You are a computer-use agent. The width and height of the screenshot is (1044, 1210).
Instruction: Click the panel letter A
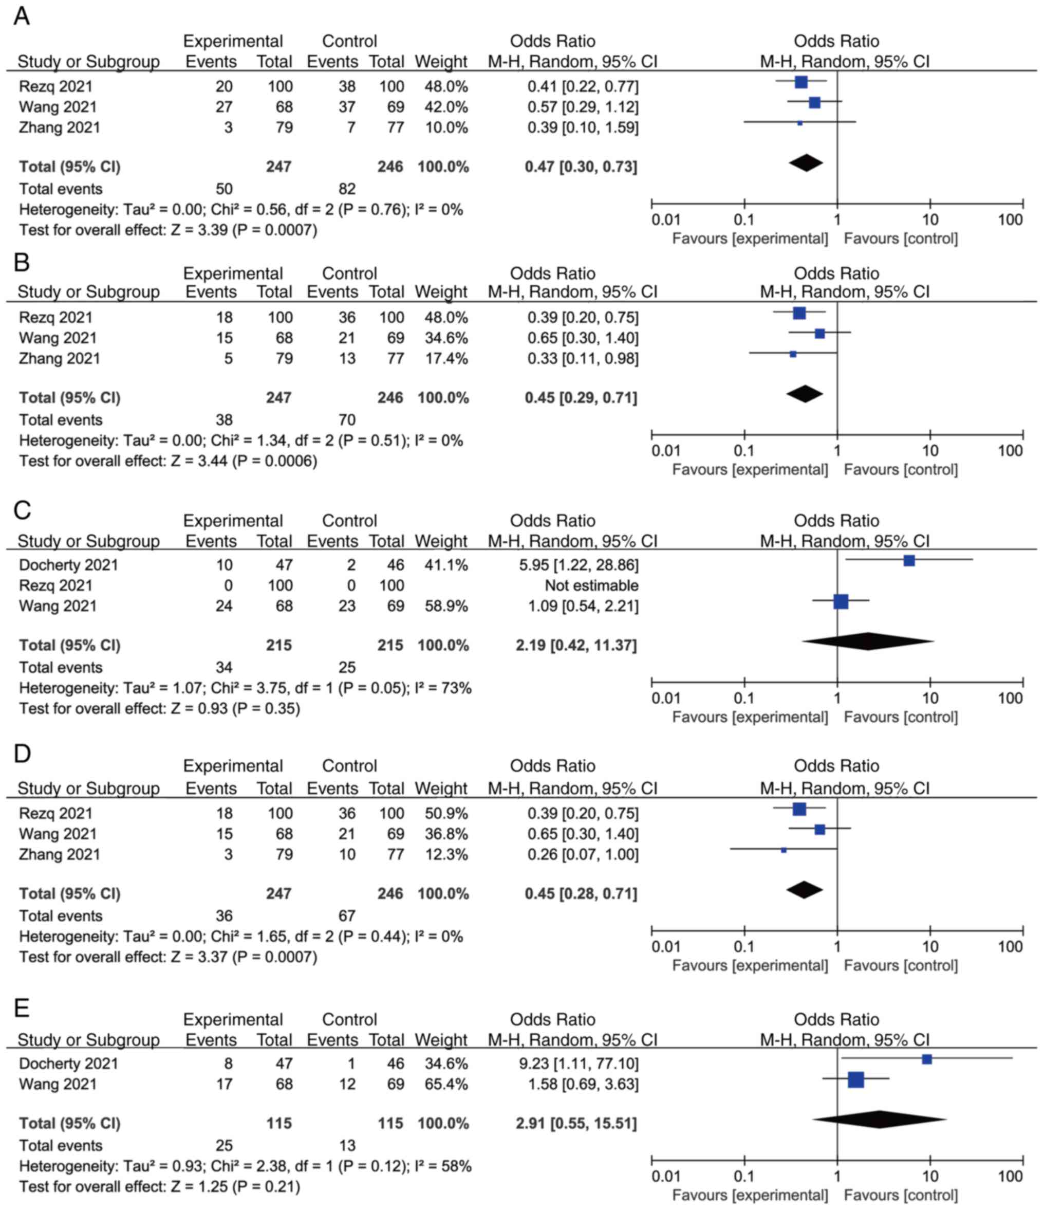coord(22,16)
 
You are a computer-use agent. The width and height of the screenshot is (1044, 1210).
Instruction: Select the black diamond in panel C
coord(868,641)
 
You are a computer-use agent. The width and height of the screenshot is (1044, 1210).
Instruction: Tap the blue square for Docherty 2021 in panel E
coord(927,1059)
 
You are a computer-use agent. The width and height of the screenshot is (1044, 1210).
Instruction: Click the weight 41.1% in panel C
coord(446,565)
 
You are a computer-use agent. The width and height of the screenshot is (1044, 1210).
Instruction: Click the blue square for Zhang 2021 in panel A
coord(800,123)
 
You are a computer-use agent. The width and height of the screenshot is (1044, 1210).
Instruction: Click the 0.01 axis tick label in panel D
coord(666,947)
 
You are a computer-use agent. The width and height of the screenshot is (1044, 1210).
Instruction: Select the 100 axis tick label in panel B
coord(1010,451)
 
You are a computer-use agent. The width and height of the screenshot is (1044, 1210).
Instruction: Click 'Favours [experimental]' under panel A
coord(750,239)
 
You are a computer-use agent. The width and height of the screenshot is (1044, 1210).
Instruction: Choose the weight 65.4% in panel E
coord(446,1084)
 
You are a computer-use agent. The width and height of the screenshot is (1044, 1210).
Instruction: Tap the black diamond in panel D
coord(805,890)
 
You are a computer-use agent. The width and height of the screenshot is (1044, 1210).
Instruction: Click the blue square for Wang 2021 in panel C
coord(841,601)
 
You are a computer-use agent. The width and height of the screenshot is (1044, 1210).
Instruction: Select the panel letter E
coord(22,1008)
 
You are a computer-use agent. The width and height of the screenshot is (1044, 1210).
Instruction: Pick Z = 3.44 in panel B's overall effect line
coord(198,462)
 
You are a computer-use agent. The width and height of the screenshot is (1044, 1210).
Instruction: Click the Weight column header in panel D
coord(441,789)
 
